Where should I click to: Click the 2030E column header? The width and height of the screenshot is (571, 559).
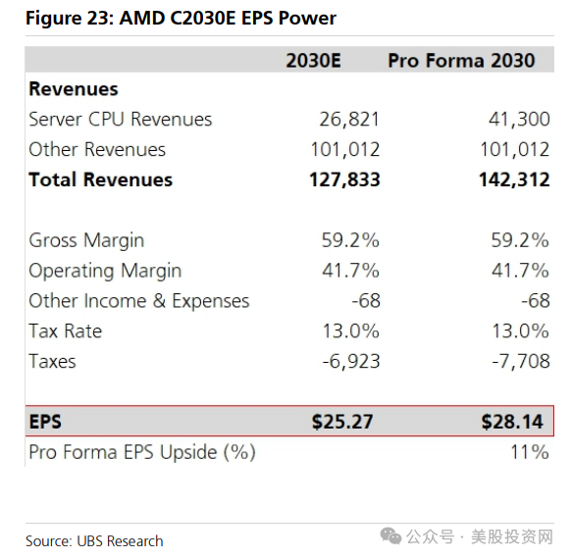click(x=313, y=61)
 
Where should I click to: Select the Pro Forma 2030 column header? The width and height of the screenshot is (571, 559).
click(x=461, y=61)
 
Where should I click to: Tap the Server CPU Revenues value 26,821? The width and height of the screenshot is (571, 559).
click(x=349, y=120)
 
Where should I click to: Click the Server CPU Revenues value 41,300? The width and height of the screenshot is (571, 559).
click(x=519, y=120)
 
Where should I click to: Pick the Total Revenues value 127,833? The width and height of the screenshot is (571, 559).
click(x=344, y=179)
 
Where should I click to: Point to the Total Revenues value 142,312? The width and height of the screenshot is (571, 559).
click(x=514, y=179)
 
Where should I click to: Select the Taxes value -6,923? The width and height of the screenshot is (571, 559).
click(x=351, y=361)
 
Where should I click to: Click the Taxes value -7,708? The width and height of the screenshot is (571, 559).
click(x=521, y=361)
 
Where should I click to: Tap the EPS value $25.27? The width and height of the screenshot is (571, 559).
click(x=342, y=422)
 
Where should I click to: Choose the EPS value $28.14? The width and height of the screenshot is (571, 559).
click(x=512, y=422)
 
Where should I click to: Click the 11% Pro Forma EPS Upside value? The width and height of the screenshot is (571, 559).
click(x=530, y=452)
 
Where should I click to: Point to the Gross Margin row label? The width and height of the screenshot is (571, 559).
click(x=86, y=241)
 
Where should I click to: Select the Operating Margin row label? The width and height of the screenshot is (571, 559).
click(x=105, y=271)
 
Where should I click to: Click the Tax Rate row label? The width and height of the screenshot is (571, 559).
click(x=66, y=331)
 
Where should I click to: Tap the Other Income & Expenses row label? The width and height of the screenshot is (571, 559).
click(x=139, y=301)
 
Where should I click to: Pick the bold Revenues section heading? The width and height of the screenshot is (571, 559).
click(x=74, y=89)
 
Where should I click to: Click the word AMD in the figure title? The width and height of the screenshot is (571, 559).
click(x=142, y=19)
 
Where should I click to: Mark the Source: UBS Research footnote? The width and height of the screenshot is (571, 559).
click(x=94, y=541)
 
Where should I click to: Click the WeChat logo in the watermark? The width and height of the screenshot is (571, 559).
click(x=390, y=536)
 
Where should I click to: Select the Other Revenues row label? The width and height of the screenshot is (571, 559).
click(x=97, y=150)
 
